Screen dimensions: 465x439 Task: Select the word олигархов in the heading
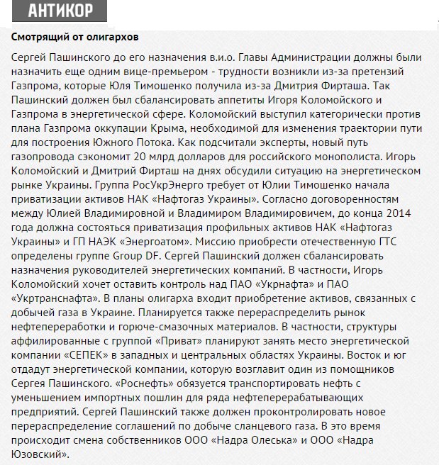coord(113,35)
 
